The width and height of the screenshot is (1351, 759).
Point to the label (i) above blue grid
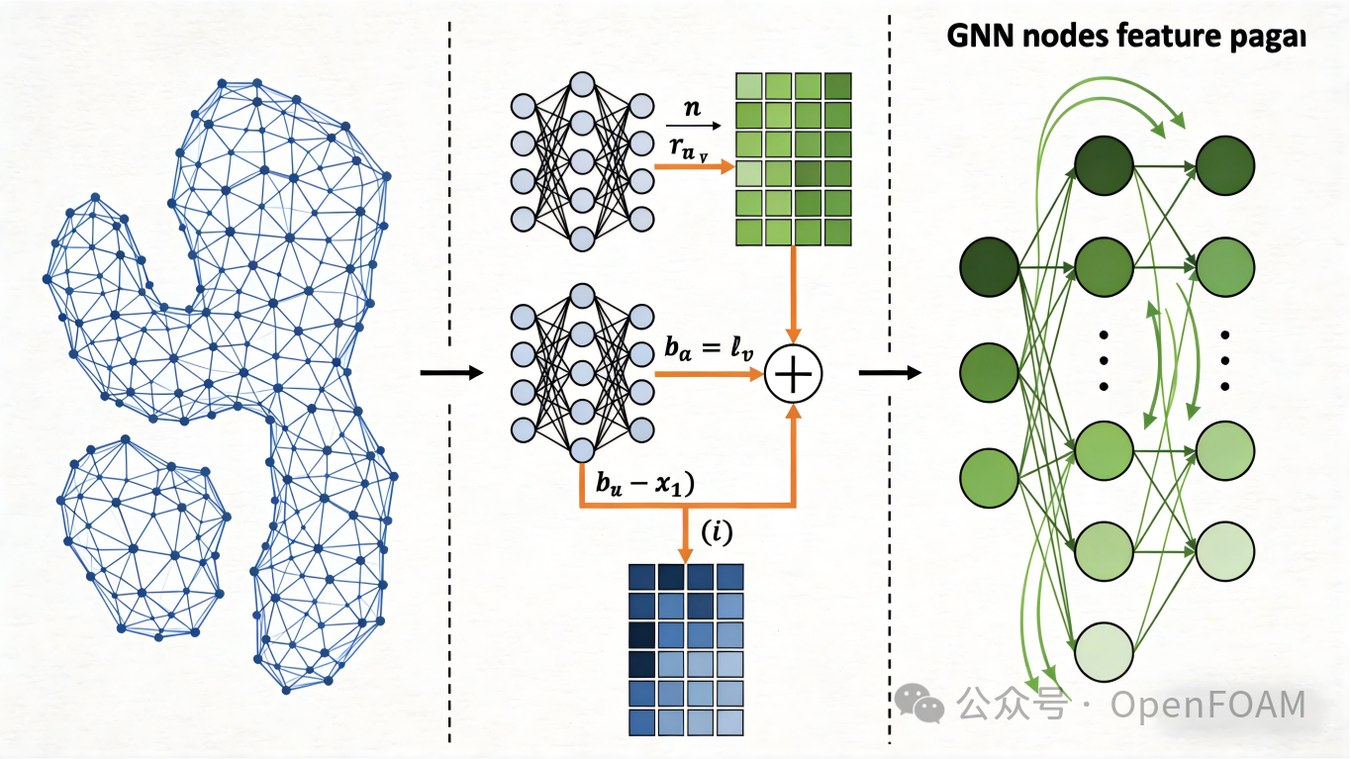tap(717, 532)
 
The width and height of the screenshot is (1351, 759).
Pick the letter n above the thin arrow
tap(693, 107)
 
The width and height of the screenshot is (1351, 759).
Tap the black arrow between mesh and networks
tap(450, 373)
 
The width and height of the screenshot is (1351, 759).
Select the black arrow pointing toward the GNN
tap(889, 373)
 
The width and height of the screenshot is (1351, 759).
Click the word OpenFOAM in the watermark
tap(1207, 706)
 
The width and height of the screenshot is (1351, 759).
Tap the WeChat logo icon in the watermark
tap(919, 703)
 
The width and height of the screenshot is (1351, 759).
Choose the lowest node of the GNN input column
tap(990, 478)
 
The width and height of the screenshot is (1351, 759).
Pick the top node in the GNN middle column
tap(1104, 165)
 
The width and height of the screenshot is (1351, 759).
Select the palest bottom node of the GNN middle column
tap(1104, 650)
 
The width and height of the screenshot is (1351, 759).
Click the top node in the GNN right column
tap(1225, 165)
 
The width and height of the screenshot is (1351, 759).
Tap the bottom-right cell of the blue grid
tap(730, 721)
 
